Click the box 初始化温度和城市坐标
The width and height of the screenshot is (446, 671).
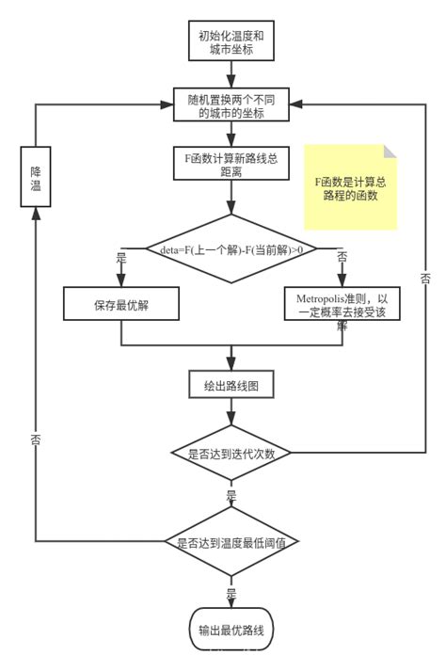[x=231, y=42]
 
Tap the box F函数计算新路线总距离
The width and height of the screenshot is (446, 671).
[x=231, y=165]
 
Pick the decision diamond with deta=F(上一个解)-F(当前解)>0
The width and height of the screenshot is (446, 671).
[x=231, y=249]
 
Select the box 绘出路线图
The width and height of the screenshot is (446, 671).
[x=231, y=384]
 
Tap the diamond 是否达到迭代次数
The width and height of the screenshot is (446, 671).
[x=231, y=453]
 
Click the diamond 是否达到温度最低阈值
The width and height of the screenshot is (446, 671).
[x=231, y=542]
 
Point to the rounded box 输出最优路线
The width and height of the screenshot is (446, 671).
[x=231, y=631]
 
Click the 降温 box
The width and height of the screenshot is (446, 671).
[x=35, y=173]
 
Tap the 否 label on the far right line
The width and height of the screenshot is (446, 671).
[x=425, y=279]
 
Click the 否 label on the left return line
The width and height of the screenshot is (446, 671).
[x=35, y=439]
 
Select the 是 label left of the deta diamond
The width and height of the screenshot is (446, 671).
[x=119, y=257]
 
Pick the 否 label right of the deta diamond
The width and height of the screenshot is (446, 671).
[x=341, y=257]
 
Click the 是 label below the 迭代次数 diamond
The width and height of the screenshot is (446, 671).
[x=231, y=493]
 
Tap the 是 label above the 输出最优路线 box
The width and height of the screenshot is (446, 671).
[x=231, y=593]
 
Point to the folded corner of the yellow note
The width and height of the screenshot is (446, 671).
[x=390, y=152]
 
